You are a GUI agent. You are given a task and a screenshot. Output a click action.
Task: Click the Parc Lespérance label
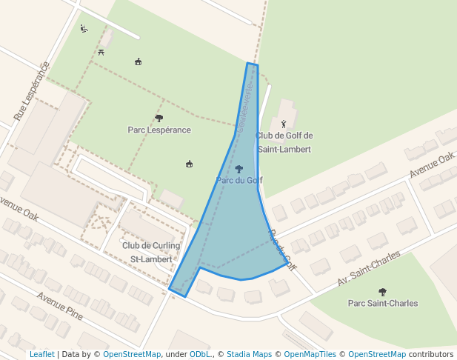coord(159,130)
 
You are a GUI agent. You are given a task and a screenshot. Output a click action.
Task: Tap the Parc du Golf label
coord(238,180)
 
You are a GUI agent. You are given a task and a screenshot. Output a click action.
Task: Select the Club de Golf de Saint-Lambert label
coord(284,142)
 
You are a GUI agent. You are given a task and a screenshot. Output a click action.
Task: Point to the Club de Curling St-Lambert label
coord(151,252)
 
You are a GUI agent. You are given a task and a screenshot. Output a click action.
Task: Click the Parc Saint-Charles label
coord(382,303)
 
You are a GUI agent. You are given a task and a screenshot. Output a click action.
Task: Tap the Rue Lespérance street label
coord(31,91)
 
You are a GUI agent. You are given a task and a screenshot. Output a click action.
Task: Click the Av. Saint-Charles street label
coord(368,268)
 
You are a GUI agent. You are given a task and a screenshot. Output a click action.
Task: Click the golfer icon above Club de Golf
coord(284,123)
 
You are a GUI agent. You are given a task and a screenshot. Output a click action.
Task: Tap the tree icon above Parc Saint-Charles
coord(382,292)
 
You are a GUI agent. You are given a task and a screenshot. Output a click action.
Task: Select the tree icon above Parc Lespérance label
coord(159,118)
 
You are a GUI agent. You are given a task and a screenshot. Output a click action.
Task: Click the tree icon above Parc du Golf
coord(238,169)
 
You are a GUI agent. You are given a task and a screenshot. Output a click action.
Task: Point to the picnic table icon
coord(101,52)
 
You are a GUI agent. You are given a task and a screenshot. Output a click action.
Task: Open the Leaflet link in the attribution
coord(41,354)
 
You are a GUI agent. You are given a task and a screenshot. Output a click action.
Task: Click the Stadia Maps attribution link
coord(249,354)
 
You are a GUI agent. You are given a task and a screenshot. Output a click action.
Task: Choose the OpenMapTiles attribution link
coord(310,354)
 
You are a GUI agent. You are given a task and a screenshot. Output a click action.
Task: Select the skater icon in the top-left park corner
coord(84,29)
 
